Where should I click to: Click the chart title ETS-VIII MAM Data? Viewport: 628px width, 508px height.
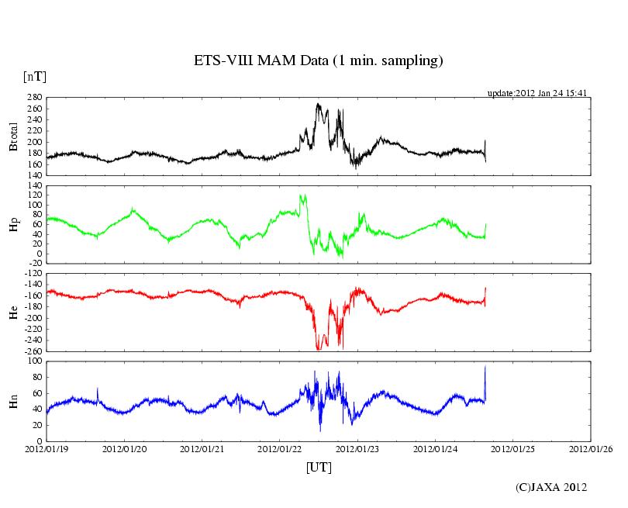coord(318,60)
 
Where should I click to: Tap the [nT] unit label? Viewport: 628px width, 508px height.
coord(34,76)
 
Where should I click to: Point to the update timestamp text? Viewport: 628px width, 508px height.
coord(537,93)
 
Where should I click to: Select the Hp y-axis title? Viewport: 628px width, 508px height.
coord(13,225)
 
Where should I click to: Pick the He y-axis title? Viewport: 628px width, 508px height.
coord(13,313)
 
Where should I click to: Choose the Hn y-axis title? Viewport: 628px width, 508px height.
coord(13,401)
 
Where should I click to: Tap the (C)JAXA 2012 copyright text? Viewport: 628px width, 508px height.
coord(551,487)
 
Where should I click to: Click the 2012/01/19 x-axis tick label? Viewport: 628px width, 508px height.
coord(47,448)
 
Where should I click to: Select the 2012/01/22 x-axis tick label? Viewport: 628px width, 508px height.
coord(280,448)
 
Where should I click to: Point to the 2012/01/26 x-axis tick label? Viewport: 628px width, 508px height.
coord(591,448)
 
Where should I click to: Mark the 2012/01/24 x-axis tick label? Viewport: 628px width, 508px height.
coord(436,448)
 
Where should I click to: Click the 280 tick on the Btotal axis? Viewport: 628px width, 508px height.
coord(33,98)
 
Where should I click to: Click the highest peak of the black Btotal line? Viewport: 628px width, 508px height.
coord(318,104)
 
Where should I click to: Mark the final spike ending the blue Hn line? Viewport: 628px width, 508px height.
coord(485,367)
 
